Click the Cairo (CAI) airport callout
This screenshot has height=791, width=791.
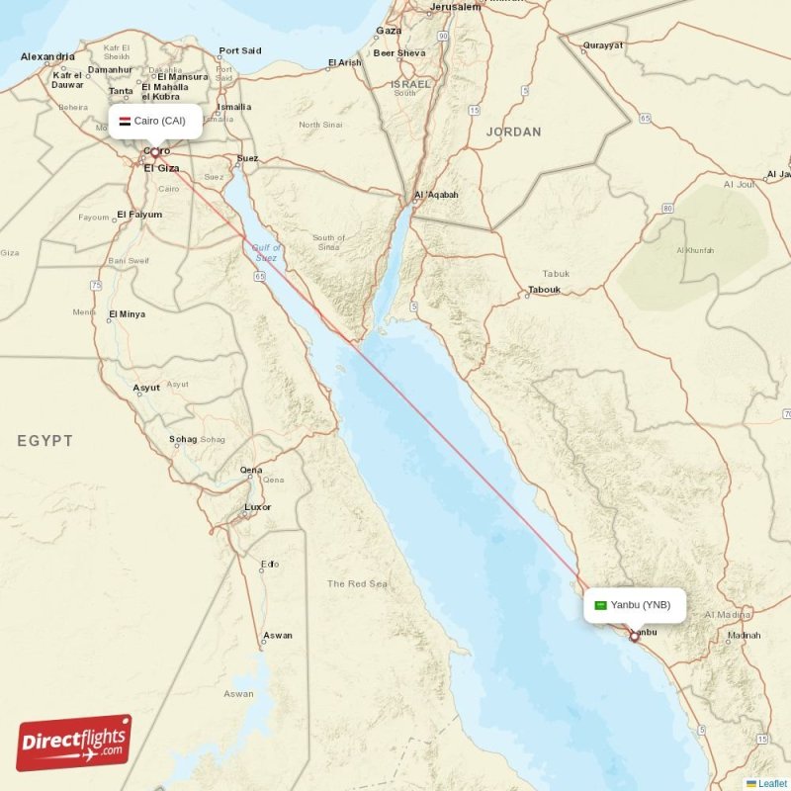(155, 122)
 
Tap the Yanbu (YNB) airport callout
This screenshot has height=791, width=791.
(634, 605)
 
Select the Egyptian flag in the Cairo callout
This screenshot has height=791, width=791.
(125, 122)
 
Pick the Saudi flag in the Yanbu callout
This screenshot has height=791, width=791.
(600, 605)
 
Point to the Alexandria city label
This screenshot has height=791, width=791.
(47, 57)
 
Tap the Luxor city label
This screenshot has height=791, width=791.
(257, 507)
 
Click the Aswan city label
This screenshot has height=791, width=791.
(278, 636)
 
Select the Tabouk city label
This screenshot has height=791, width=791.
(544, 290)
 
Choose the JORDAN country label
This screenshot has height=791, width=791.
(514, 132)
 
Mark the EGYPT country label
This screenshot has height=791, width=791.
(44, 441)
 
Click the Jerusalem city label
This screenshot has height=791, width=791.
(455, 7)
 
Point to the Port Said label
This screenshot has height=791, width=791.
(240, 50)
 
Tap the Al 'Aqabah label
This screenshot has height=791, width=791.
(436, 195)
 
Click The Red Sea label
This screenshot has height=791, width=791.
(357, 583)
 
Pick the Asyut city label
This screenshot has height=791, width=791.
(146, 388)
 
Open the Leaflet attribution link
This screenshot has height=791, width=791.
(772, 784)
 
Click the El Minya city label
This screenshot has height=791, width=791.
(127, 314)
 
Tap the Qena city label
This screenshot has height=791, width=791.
(251, 470)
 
